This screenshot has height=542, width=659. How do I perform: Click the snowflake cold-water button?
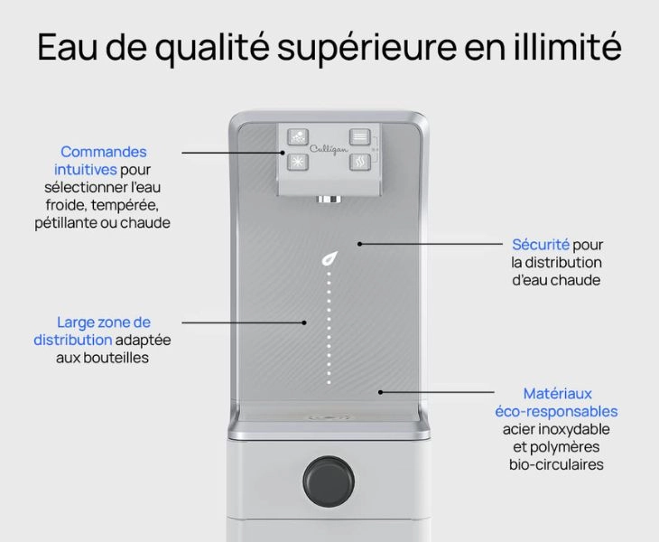click(298, 162)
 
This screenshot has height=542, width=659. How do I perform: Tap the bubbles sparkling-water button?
click(298, 136)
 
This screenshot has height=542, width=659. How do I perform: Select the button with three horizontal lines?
click(360, 136)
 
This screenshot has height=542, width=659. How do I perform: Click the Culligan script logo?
click(329, 149)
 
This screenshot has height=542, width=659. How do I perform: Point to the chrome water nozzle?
click(329, 199)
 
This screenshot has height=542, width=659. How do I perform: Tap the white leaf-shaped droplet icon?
click(329, 258)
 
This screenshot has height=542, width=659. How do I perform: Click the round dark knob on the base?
click(329, 481)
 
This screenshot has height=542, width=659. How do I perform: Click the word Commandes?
click(104, 152)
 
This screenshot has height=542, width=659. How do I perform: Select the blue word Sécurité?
click(541, 244)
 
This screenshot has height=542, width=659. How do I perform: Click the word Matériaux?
click(557, 394)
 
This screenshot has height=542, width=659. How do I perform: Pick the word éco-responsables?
click(556, 411)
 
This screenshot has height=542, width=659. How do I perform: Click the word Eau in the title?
click(67, 47)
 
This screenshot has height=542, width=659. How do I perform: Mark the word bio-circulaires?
click(556, 464)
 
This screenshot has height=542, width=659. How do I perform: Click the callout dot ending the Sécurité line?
click(360, 244)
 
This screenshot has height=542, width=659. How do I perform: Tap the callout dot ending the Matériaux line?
click(380, 392)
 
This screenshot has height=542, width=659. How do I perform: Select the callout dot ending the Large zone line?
click(304, 322)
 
